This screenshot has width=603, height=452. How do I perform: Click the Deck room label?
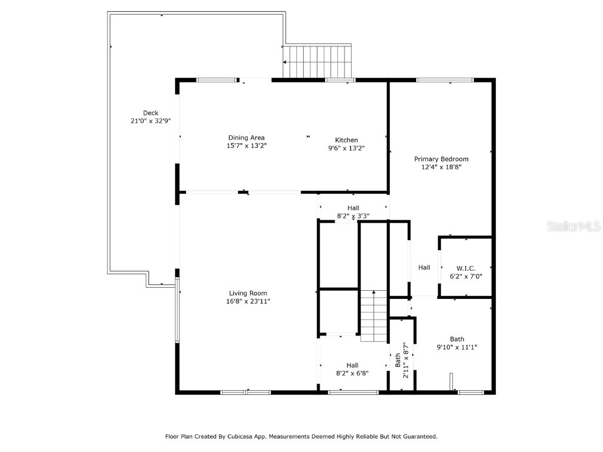tap(151, 113)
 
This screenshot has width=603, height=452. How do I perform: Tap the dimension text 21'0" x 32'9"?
tap(151, 121)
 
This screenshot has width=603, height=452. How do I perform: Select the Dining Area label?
tap(246, 138)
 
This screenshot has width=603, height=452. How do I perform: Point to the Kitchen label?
tap(346, 140)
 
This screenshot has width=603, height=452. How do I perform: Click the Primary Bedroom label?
tap(441, 159)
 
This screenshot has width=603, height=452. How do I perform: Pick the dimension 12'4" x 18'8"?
tap(441, 167)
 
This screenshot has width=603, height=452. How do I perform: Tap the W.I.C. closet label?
tap(465, 268)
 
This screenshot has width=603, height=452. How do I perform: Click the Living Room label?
tap(248, 293)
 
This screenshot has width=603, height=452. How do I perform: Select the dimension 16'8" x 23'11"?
tap(248, 301)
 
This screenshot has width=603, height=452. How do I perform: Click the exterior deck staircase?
tap(318, 62)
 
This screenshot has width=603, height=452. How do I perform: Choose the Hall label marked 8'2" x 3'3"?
tap(353, 208)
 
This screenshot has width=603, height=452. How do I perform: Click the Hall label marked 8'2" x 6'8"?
tap(352, 365)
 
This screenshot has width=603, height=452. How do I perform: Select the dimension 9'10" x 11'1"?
tap(457, 347)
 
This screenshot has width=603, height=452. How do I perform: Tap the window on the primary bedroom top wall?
tap(445, 80)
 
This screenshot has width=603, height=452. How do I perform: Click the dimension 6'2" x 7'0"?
tap(465, 277)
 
